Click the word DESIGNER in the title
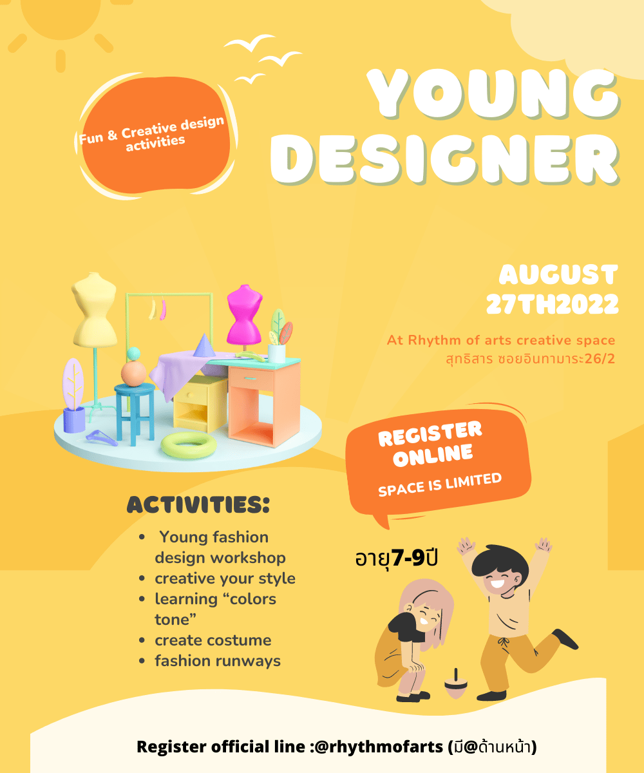coord(445,159)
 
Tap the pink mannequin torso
coord(245,316)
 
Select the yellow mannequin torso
coord(95,309)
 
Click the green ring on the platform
coord(189,444)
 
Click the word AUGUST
coord(558,274)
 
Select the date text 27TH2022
coord(552,304)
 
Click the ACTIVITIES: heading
coord(198,504)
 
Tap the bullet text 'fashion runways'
coord(218,661)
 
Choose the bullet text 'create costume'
coord(213,640)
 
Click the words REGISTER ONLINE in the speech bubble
coord(430,444)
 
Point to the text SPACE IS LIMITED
coord(440,484)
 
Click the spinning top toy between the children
coord(456,683)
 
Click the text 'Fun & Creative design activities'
coord(152,134)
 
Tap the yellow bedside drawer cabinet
coord(200,403)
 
